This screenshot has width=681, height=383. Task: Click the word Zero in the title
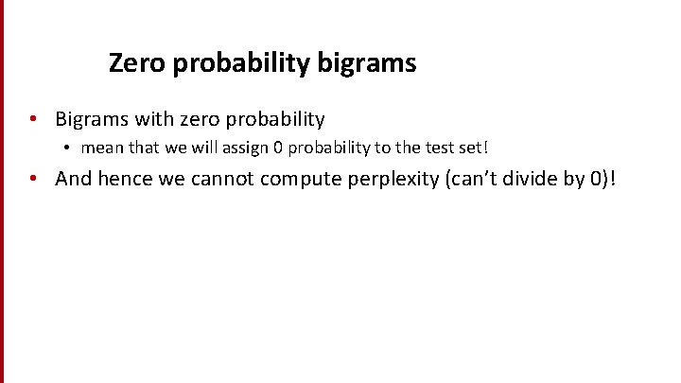click(131, 63)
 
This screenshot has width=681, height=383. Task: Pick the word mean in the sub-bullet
click(99, 148)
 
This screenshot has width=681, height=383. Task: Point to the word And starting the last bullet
click(74, 179)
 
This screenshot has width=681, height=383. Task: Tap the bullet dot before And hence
click(33, 179)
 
